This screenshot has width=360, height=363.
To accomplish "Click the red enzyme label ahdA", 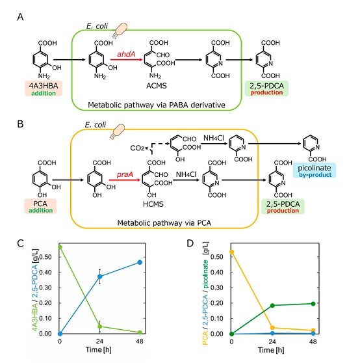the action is point(126,54).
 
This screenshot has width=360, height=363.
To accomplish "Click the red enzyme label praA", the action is point(125,174).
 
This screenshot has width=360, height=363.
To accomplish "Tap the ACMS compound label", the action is point(157,86).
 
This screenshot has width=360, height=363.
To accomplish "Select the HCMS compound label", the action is point(153,204).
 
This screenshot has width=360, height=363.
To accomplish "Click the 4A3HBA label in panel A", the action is point(44,86).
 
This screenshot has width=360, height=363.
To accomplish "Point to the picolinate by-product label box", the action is point(315,170).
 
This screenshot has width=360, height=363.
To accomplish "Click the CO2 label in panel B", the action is point(137,148).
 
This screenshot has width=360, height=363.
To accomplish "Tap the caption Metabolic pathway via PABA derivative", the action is point(157,105).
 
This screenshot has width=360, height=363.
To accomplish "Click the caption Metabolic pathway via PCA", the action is point(164,223).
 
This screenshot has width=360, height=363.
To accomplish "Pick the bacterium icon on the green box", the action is point(120,30).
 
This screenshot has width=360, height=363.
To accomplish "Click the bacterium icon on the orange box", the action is point(118,131).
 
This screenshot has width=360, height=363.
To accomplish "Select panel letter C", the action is point(20,243).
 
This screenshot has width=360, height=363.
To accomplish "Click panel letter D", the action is point(190,243).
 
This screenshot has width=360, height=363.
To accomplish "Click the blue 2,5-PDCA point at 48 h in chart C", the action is point(140,262).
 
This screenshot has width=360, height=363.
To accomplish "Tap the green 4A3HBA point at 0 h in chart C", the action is point(60,247).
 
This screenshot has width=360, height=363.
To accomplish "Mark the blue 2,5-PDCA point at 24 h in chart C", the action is point(100,276).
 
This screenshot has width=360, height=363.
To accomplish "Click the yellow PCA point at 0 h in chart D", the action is point(232,252).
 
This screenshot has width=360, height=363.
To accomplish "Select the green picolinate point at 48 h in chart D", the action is point(313,304).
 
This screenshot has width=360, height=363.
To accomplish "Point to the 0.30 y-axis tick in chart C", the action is point(45,288).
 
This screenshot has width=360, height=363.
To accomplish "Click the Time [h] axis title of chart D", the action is point(271,350).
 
